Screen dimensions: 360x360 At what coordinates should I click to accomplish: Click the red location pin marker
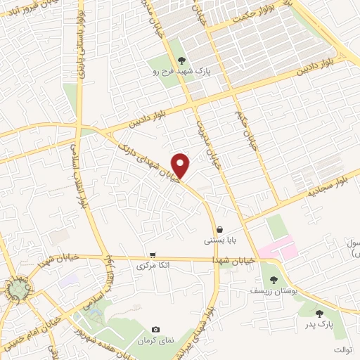(x=181, y=166)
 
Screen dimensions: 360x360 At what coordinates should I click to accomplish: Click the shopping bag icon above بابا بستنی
(x=219, y=229)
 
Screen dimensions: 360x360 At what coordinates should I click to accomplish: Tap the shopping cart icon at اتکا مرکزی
(x=153, y=255)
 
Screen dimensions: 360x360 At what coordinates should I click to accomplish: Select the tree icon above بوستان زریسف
(x=274, y=279)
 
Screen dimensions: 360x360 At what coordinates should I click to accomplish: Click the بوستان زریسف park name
(x=274, y=290)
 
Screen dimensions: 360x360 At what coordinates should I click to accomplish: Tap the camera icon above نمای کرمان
(x=155, y=329)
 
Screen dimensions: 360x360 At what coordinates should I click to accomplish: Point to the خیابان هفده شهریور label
(x=96, y=329)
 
